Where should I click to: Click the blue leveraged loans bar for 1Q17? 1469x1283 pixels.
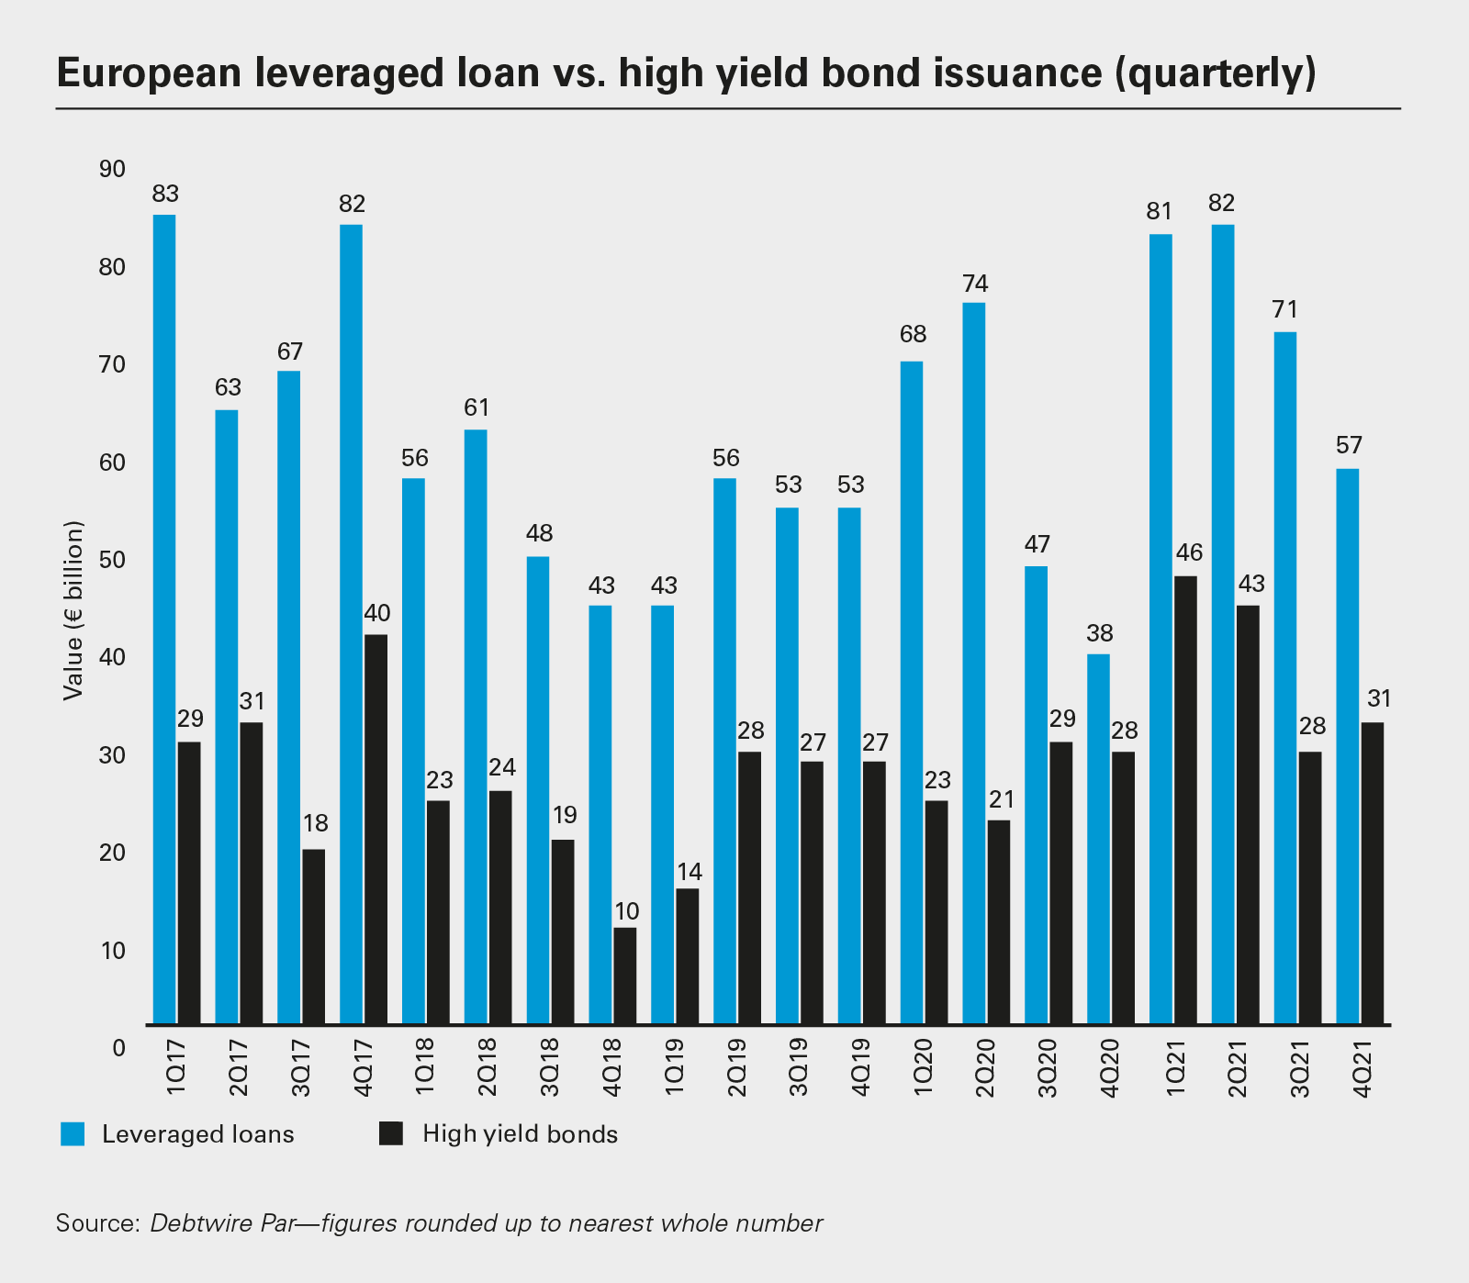[164, 619]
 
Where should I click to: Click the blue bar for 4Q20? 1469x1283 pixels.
[1098, 839]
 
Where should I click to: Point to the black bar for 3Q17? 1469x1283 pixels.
[313, 936]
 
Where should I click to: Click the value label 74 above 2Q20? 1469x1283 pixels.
[974, 283]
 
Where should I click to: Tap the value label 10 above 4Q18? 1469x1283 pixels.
[625, 911]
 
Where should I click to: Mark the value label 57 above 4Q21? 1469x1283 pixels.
[1347, 446]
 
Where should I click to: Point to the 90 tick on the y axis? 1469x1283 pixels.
[112, 170]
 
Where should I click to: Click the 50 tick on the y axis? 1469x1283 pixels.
[112, 560]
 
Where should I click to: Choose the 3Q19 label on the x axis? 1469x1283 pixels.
[798, 1066]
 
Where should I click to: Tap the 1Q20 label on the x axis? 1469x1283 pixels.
[923, 1066]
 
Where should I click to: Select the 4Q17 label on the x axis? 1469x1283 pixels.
[362, 1066]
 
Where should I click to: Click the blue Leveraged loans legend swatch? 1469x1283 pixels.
[73, 1133]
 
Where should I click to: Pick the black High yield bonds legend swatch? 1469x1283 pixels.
[391, 1133]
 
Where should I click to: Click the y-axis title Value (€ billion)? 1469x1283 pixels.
[74, 610]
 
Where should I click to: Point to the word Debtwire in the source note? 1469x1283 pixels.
[189, 1224]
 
